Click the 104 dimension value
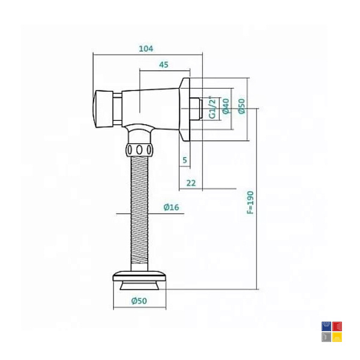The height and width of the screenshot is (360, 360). pyautogui.click(x=146, y=49)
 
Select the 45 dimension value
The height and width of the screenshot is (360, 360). pyautogui.click(x=164, y=65)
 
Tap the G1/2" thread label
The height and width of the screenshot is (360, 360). pyautogui.click(x=213, y=107)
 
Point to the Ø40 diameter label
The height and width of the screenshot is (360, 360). pyautogui.click(x=226, y=106)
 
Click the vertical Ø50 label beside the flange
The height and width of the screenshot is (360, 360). pyautogui.click(x=242, y=106)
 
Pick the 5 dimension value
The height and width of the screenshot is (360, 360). pyautogui.click(x=185, y=160)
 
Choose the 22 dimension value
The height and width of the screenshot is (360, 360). pyautogui.click(x=191, y=183)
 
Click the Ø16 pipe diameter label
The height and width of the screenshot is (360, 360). pyautogui.click(x=171, y=207)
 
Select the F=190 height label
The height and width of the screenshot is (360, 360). pyautogui.click(x=250, y=202)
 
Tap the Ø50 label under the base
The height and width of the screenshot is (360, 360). pyautogui.click(x=139, y=301)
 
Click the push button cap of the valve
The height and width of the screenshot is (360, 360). pyautogui.click(x=104, y=109)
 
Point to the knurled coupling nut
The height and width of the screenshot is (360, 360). pyautogui.click(x=139, y=150)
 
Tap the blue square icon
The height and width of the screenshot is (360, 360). pyautogui.click(x=326, y=326)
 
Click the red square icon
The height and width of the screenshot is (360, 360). pyautogui.click(x=337, y=326)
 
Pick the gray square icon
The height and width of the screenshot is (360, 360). pyautogui.click(x=326, y=337)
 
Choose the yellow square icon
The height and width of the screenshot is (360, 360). pyautogui.click(x=337, y=337)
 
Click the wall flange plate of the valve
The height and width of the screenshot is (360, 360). pyautogui.click(x=185, y=109)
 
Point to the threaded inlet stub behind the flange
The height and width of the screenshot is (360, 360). pyautogui.click(x=196, y=109)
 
